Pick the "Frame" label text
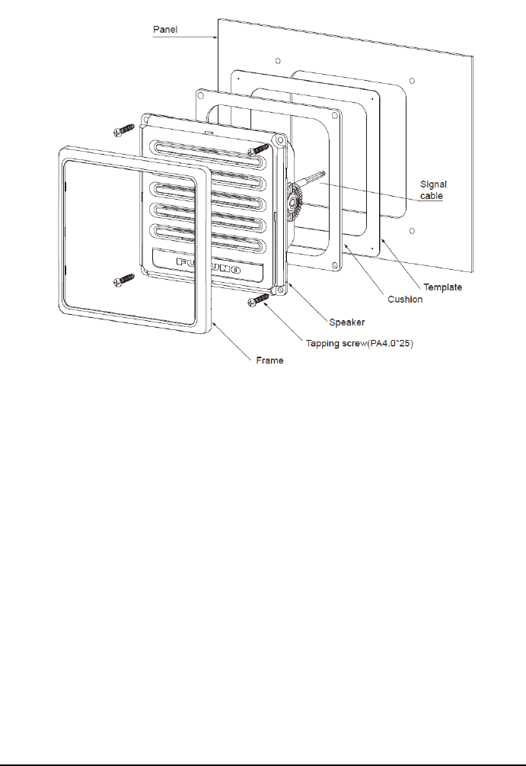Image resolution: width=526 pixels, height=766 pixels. (x=269, y=361)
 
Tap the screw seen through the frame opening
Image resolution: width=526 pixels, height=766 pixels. (x=123, y=281)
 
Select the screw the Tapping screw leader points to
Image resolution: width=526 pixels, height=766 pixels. (x=259, y=303)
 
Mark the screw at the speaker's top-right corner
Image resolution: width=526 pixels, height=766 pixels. (x=261, y=148)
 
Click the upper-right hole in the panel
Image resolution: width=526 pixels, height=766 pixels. (x=412, y=80)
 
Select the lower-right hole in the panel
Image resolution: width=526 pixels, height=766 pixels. (x=412, y=231)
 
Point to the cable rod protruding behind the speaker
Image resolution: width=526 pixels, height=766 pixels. (x=313, y=178)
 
